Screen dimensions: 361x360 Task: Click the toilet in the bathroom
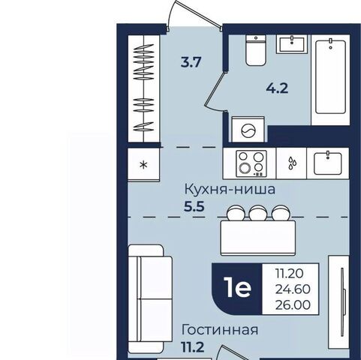click(x=255, y=50)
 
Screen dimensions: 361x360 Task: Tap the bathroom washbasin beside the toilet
click(x=292, y=43)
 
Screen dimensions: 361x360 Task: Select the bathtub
click(x=330, y=76)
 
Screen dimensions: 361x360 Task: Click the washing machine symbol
click(x=248, y=130)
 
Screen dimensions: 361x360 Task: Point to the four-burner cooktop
click(x=251, y=163)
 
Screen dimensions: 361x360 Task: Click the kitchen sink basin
click(x=328, y=163)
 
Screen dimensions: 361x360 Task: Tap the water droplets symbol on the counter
click(x=292, y=163)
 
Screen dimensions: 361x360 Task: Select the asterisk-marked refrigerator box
click(x=143, y=163)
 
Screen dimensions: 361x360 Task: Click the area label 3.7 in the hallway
click(x=191, y=62)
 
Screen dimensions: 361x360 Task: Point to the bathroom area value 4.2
click(x=277, y=88)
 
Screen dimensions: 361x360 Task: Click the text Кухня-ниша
click(x=230, y=189)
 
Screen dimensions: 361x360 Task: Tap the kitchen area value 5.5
click(x=194, y=207)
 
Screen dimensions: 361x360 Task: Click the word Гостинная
click(x=220, y=330)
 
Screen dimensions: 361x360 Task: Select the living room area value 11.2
click(x=192, y=347)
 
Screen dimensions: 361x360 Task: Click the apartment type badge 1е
click(x=239, y=288)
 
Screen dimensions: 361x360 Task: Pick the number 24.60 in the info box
click(x=293, y=289)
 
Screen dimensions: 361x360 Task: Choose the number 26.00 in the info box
click(x=293, y=304)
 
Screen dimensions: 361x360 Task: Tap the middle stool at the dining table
click(x=258, y=213)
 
